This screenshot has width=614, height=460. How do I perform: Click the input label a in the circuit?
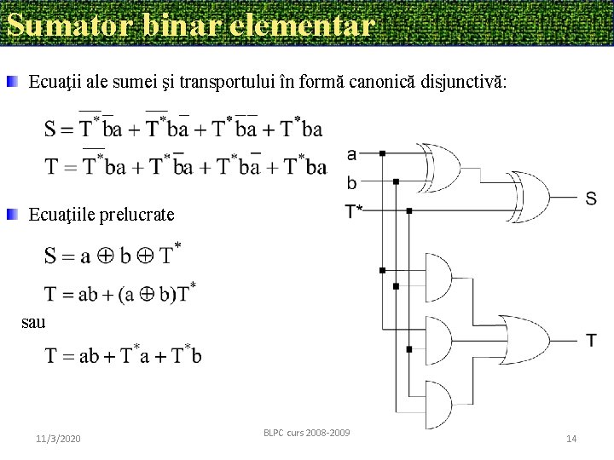[352, 154]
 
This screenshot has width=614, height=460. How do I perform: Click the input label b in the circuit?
[352, 182]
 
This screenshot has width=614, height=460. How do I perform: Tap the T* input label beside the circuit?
[354, 210]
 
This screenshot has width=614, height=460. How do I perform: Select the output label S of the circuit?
[591, 198]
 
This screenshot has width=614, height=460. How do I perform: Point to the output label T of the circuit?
[591, 340]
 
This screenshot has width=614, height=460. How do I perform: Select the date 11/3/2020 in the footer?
[58, 438]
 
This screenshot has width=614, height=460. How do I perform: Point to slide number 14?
[571, 438]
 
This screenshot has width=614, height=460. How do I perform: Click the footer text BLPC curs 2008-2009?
[306, 433]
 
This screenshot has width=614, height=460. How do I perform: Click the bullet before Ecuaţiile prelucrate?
[13, 214]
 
